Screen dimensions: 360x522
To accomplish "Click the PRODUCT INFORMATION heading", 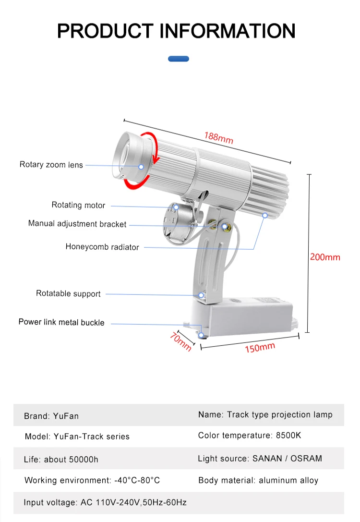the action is (x=176, y=31).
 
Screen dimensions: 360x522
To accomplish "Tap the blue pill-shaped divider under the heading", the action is (x=179, y=59).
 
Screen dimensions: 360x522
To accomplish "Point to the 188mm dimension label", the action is (x=218, y=138).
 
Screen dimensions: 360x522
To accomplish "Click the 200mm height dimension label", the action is (x=325, y=257).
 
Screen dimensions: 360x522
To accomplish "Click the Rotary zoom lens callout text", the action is (x=51, y=165).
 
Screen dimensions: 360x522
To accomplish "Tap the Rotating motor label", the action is (x=78, y=205).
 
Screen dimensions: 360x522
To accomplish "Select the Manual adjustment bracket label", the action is (x=77, y=224).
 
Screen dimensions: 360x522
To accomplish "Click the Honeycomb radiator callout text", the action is (x=102, y=247).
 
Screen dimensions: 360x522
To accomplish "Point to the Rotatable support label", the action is (x=68, y=293).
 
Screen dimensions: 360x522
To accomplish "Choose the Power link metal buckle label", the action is (x=61, y=322).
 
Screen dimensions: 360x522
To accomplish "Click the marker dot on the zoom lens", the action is (x=142, y=167).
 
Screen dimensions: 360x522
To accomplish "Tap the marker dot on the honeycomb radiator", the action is (x=264, y=216).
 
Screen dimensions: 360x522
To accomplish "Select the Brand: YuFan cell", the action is (x=51, y=416).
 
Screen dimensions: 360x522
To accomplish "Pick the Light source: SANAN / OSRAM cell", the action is (x=260, y=459).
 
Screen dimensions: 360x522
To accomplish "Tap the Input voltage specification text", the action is (x=105, y=502).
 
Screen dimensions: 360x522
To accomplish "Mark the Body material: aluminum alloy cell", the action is (x=258, y=480).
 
